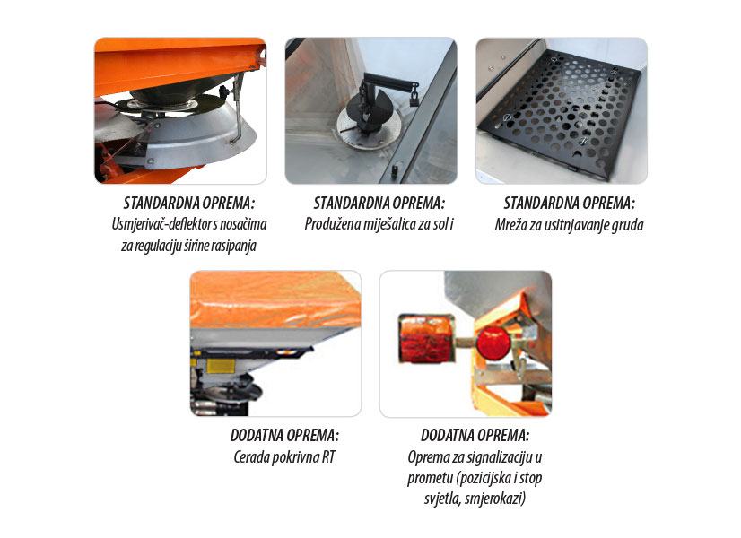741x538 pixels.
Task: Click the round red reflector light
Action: pyautogui.click(x=493, y=343)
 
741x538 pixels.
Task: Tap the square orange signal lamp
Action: pyautogui.click(x=427, y=339)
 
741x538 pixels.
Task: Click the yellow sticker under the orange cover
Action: pyautogui.click(x=221, y=366)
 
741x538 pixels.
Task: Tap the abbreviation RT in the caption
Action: pyautogui.click(x=329, y=457)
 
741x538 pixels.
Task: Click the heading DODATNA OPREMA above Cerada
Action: pyautogui.click(x=284, y=436)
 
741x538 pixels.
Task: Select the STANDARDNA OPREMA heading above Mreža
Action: pyautogui.click(x=569, y=204)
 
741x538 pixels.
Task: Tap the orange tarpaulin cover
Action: pyautogui.click(x=275, y=298)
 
